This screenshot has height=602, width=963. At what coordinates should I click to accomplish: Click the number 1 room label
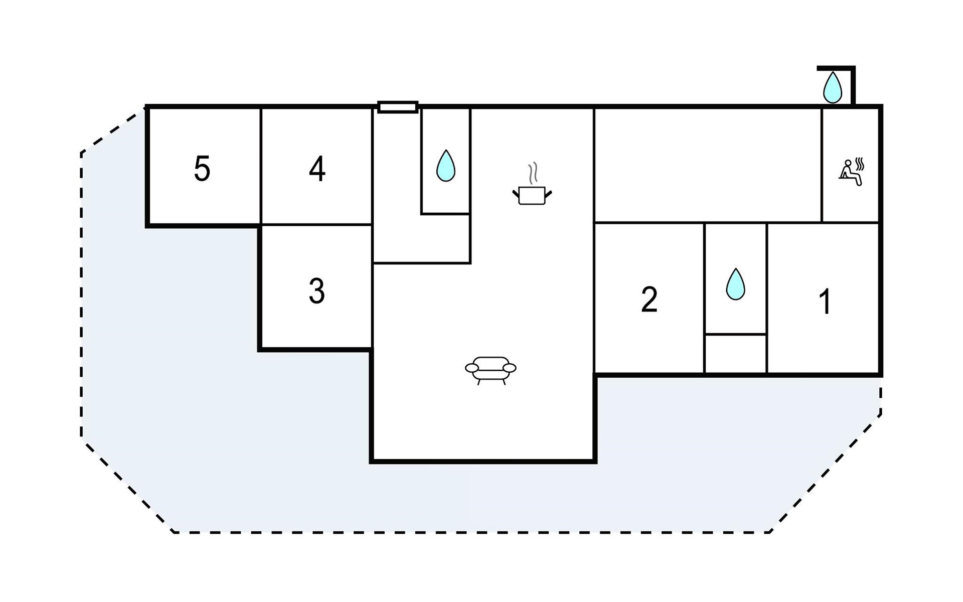click(825, 302)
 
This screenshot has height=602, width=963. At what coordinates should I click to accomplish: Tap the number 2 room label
click(649, 299)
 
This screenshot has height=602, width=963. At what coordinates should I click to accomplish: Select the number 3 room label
click(316, 291)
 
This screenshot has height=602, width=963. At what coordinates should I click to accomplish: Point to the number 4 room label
click(317, 169)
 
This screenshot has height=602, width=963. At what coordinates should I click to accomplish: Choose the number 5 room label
click(202, 169)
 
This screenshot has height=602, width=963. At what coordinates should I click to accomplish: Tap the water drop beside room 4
click(446, 165)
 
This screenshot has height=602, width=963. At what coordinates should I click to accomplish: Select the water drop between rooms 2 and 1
click(735, 284)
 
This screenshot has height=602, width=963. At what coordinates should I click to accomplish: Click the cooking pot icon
click(532, 195)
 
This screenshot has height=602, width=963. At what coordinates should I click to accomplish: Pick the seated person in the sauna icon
click(849, 173)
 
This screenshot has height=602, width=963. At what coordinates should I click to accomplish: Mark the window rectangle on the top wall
click(398, 107)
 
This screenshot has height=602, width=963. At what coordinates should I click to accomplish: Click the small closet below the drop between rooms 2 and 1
click(736, 354)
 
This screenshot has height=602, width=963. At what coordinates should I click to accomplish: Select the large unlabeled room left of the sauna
click(708, 165)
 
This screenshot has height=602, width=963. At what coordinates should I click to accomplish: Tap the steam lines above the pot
click(533, 172)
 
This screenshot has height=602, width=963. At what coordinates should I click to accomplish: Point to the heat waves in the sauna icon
click(860, 164)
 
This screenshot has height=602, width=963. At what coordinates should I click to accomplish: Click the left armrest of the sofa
click(472, 368)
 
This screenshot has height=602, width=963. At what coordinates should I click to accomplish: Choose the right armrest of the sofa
click(509, 368)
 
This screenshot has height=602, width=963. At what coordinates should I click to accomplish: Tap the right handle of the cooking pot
click(549, 194)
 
